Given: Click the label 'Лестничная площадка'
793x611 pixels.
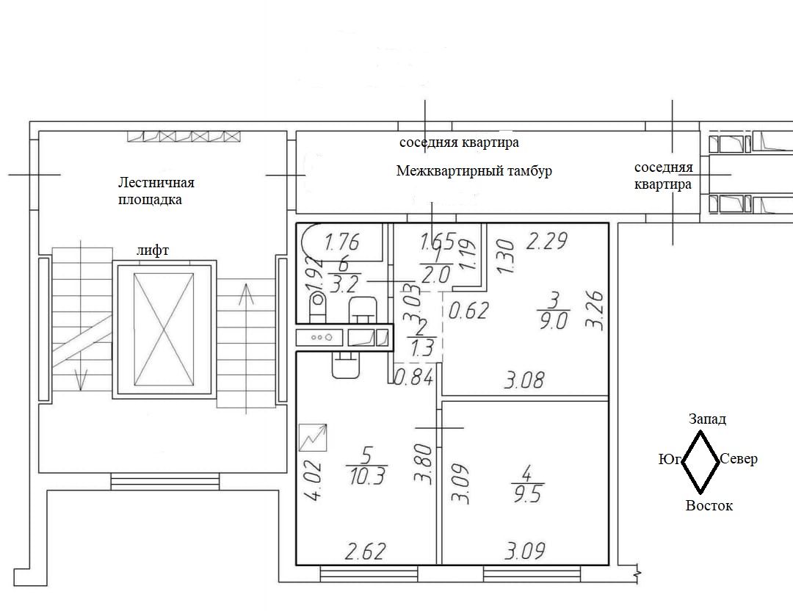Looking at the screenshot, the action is tap(156, 191).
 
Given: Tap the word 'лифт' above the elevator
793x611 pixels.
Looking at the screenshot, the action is tap(153, 250).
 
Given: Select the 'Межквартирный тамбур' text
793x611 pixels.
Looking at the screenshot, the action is tap(474, 171).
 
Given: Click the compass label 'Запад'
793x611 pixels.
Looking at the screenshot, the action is tap(707, 419).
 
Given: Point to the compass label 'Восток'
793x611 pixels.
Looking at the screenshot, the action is tap(709, 506).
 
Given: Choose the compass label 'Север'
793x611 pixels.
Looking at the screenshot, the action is tap(739, 459).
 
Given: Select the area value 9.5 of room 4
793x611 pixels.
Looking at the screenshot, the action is tap(528, 494).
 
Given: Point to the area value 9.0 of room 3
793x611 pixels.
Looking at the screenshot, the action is tap(554, 321).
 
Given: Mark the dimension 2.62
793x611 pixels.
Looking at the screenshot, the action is tap(365, 552).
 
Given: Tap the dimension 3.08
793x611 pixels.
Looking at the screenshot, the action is tap(524, 380).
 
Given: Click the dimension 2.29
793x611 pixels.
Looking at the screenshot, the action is tap(547, 241).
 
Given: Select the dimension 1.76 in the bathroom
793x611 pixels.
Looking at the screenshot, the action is tap(342, 242).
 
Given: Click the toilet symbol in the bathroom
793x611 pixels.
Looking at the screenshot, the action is tap(318, 306).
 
